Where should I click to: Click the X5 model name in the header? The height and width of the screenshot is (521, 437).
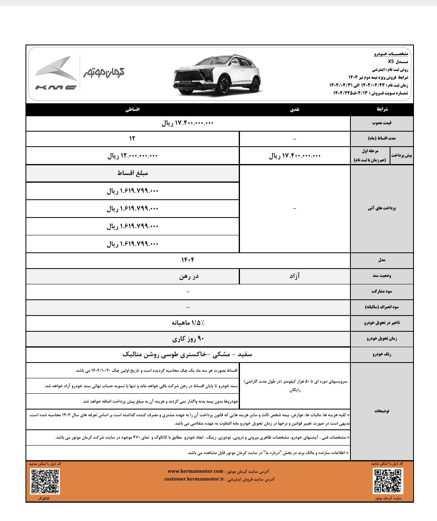390,62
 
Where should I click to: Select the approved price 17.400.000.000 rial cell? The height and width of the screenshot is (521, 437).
188,123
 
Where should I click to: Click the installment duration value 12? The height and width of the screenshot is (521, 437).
132,139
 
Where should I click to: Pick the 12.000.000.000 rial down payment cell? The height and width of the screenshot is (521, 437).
132,156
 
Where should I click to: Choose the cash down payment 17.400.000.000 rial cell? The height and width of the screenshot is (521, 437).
294,156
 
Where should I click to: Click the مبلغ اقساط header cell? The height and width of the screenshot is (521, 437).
132,173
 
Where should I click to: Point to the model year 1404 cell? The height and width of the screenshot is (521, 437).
188,260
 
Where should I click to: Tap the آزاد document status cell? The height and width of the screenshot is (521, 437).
294,276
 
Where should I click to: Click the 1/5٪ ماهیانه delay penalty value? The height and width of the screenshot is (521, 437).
188,323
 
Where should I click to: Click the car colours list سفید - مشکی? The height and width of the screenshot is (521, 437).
187,354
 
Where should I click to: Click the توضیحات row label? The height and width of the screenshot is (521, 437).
382,410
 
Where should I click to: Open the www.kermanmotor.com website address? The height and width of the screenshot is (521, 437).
195,471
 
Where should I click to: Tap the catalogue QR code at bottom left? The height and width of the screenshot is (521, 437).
45,481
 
